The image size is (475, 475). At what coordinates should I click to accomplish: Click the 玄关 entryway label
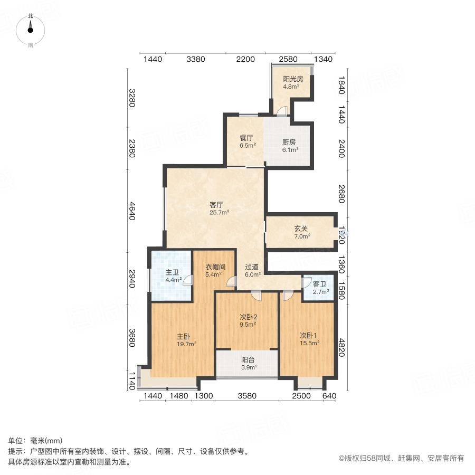coord(301,229)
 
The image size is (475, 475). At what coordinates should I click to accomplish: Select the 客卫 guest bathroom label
coord(320,283)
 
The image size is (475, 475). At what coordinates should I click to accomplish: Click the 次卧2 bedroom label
coord(248,317)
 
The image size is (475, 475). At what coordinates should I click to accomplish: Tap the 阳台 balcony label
coord(248,359)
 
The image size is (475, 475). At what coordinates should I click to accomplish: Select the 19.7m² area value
coord(187,344)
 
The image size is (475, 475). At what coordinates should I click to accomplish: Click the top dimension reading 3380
coord(196,59)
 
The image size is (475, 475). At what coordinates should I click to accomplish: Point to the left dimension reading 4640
coord(132,210)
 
